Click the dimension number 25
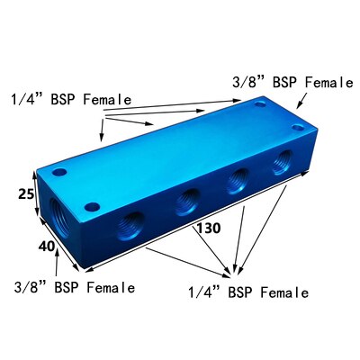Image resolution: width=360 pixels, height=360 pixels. (x=27, y=194)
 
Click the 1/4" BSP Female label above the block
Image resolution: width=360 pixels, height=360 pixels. (x=71, y=98)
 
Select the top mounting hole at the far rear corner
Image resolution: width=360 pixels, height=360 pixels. (x=259, y=106)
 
